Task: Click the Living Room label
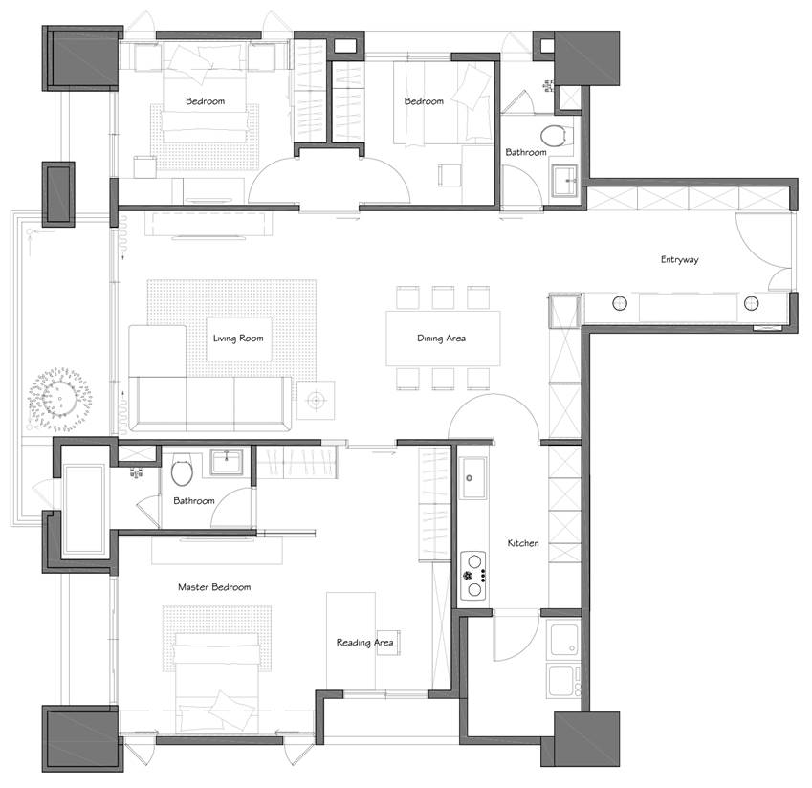238,339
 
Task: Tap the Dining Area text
441,339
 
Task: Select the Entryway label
679,260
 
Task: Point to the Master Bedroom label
214,587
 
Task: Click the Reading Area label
364,643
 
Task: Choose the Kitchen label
523,543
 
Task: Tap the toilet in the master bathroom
182,470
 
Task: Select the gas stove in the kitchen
473,575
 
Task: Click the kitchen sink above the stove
472,478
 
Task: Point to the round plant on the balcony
60,399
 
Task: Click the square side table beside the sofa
316,400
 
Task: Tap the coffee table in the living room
239,339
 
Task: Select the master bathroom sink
227,462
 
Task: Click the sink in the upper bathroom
564,181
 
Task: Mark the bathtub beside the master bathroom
83,509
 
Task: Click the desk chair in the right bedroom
450,175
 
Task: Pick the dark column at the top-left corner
82,57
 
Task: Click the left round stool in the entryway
620,303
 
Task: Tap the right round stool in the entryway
752,303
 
